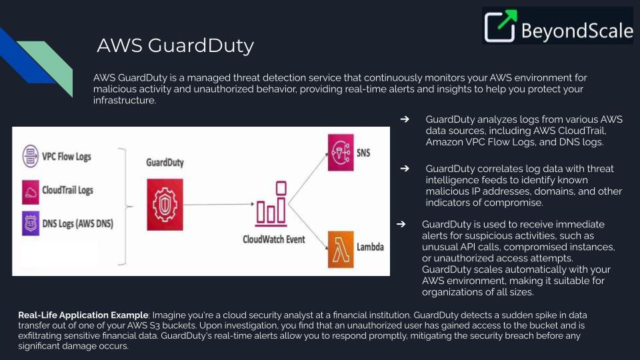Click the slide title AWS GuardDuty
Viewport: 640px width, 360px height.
175,45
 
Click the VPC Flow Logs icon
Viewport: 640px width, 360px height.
31,157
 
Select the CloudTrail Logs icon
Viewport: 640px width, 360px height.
31,191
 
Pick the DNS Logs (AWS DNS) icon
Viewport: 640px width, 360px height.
31,224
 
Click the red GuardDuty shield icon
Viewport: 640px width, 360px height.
164,204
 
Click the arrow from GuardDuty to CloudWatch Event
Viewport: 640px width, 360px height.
220,205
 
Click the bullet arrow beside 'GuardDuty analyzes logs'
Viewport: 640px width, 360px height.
404,119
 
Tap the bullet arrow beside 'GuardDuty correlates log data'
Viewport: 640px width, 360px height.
404,169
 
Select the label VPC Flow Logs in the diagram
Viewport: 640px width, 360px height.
67,157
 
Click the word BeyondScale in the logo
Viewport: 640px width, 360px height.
577,31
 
